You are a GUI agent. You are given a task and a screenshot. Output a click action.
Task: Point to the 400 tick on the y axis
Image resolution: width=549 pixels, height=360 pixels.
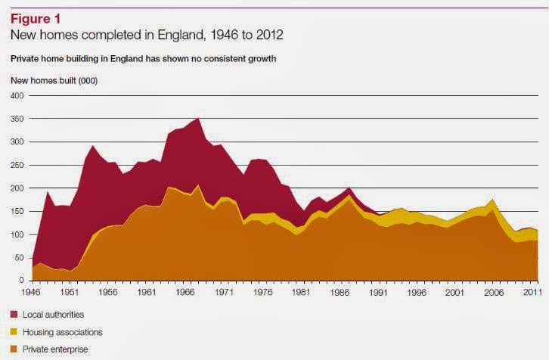[17, 96]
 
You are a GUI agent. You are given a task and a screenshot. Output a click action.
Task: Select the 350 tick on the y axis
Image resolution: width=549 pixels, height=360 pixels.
[17, 119]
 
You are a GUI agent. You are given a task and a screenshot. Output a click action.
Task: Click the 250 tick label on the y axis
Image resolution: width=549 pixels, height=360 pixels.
[17, 165]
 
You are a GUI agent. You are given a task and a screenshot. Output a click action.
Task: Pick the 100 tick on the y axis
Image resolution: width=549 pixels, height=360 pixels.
[17, 234]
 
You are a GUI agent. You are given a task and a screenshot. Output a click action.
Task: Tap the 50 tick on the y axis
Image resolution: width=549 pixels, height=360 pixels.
[20, 258]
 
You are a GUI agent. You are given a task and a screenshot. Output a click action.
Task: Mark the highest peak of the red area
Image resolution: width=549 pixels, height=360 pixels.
[198, 119]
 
